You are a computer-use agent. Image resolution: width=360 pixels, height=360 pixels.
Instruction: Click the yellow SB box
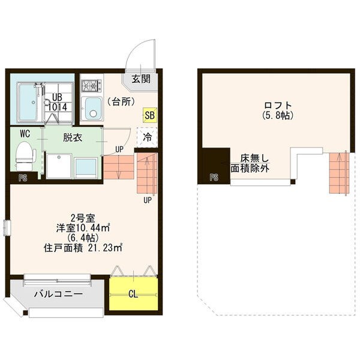(149, 115)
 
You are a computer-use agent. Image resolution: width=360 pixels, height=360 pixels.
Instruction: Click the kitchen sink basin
(93, 109)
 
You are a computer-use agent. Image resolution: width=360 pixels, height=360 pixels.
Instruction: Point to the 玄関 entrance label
(141, 79)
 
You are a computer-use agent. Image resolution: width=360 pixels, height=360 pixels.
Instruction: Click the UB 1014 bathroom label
(58, 102)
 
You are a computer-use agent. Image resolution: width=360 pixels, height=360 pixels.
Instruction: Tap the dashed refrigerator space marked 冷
(147, 137)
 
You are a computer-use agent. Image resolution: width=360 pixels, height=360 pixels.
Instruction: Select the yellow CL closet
(133, 294)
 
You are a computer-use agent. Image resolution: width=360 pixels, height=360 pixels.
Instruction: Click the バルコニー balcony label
(58, 294)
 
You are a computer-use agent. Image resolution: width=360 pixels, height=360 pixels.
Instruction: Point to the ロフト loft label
(278, 106)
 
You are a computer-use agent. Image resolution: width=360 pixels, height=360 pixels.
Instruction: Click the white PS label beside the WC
(23, 178)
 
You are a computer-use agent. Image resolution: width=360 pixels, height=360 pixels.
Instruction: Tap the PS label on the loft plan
(214, 177)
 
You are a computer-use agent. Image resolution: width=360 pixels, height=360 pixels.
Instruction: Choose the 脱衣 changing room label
(73, 138)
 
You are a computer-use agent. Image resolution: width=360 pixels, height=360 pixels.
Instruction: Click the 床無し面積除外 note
(250, 163)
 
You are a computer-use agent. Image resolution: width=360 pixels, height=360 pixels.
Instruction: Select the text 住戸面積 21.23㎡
(83, 248)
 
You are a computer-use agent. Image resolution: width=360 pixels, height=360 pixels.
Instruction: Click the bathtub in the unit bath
(28, 103)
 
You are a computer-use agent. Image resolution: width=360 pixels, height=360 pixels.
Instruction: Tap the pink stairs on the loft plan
(339, 173)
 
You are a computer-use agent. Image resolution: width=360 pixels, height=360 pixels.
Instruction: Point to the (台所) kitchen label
(121, 102)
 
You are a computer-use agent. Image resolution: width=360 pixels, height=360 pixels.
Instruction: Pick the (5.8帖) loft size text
(278, 115)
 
